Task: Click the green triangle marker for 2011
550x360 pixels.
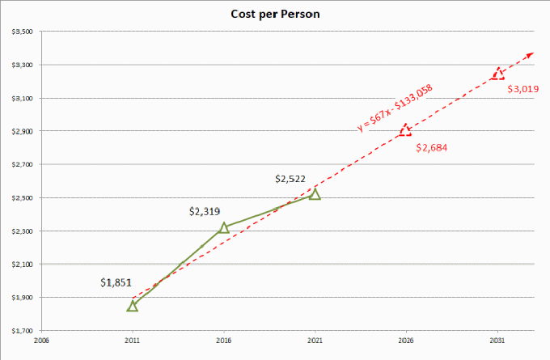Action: pyautogui.click(x=133, y=306)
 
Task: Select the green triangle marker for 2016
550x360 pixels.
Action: pyautogui.click(x=224, y=228)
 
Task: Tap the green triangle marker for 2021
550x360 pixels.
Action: pyautogui.click(x=315, y=194)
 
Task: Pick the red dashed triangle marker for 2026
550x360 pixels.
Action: pyautogui.click(x=405, y=130)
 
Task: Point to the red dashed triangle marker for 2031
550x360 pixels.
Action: pyautogui.click(x=497, y=74)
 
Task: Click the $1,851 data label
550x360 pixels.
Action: pyautogui.click(x=116, y=283)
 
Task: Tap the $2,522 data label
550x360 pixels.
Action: pyautogui.click(x=291, y=178)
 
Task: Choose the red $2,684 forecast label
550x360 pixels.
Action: pyautogui.click(x=431, y=148)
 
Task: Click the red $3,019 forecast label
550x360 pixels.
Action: pyautogui.click(x=522, y=89)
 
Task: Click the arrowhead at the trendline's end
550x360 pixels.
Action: pyautogui.click(x=531, y=53)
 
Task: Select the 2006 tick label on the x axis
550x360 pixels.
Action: pyautogui.click(x=41, y=341)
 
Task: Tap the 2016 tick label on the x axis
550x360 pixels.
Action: pyautogui.click(x=224, y=341)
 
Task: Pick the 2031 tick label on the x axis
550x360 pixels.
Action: pyautogui.click(x=497, y=341)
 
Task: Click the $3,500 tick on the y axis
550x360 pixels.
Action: pyautogui.click(x=22, y=32)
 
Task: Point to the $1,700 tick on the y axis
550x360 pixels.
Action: pyautogui.click(x=22, y=331)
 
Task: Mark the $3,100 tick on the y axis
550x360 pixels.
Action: pyautogui.click(x=22, y=98)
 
